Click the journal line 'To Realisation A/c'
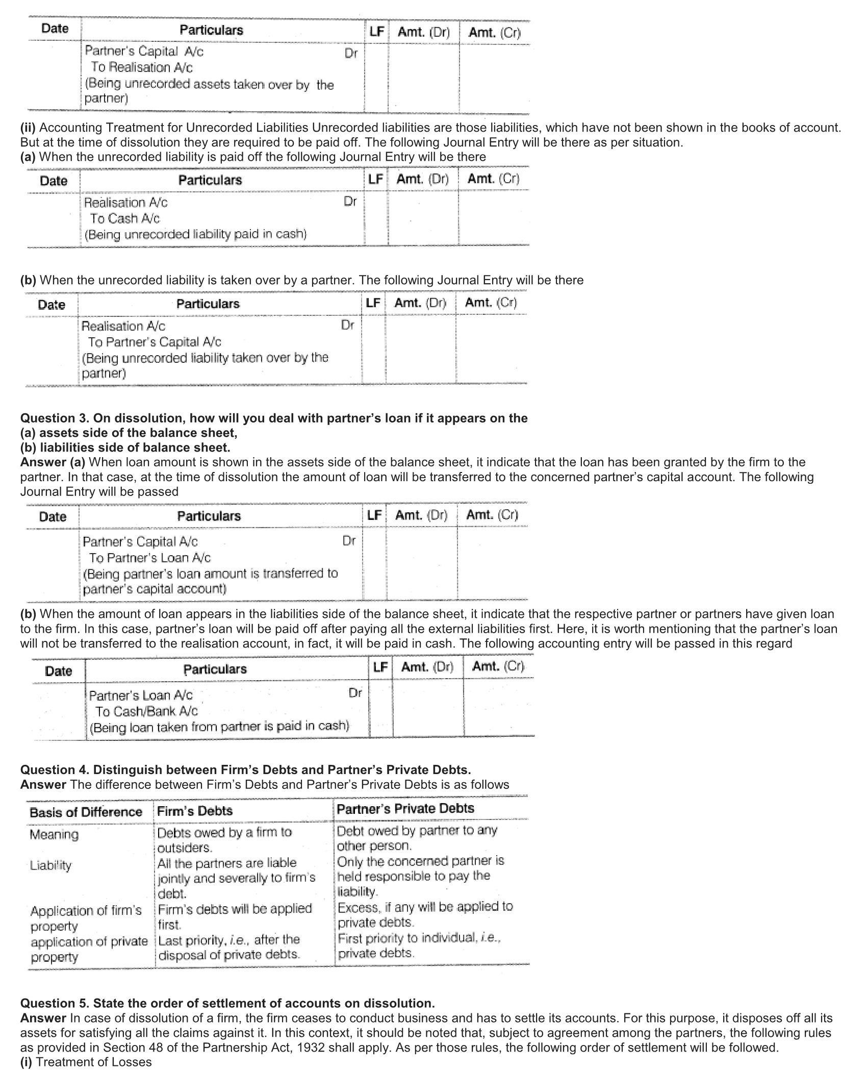pyautogui.click(x=142, y=67)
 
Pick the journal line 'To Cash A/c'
pyautogui.click(x=125, y=218)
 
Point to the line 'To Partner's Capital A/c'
pyautogui.click(x=155, y=342)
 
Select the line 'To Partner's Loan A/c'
pyautogui.click(x=150, y=558)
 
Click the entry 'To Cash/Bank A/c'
pyautogui.click(x=146, y=711)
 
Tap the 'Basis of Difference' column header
pyautogui.click(x=86, y=812)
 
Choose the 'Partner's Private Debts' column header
pyautogui.click(x=405, y=809)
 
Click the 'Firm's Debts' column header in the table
pyautogui.click(x=195, y=811)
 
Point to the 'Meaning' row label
pyautogui.click(x=54, y=835)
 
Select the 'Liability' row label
pyautogui.click(x=51, y=865)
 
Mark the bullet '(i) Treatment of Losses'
pyautogui.click(x=86, y=1062)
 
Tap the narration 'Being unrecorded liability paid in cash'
pyautogui.click(x=196, y=235)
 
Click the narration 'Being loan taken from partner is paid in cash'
pyautogui.click(x=219, y=727)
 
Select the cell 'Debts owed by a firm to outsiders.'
pyautogui.click(x=224, y=840)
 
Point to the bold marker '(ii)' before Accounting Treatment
pyautogui.click(x=28, y=128)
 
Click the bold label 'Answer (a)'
pyautogui.click(x=53, y=462)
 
